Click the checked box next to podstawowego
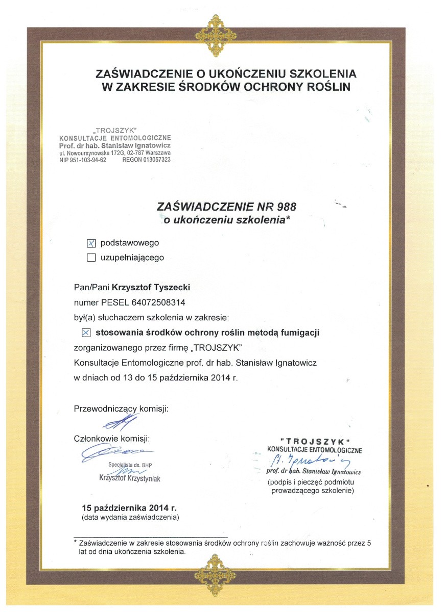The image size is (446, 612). point(92,243)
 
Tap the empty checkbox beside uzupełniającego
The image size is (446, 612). point(92,258)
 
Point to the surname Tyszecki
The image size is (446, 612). point(169,288)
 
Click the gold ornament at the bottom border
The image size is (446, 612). point(220,570)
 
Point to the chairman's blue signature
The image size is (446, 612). point(119,422)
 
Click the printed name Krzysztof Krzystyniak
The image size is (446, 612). point(130,478)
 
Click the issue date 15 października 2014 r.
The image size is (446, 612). point(129,508)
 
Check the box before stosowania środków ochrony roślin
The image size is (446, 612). point(86,333)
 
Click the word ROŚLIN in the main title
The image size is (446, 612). point(326,87)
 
